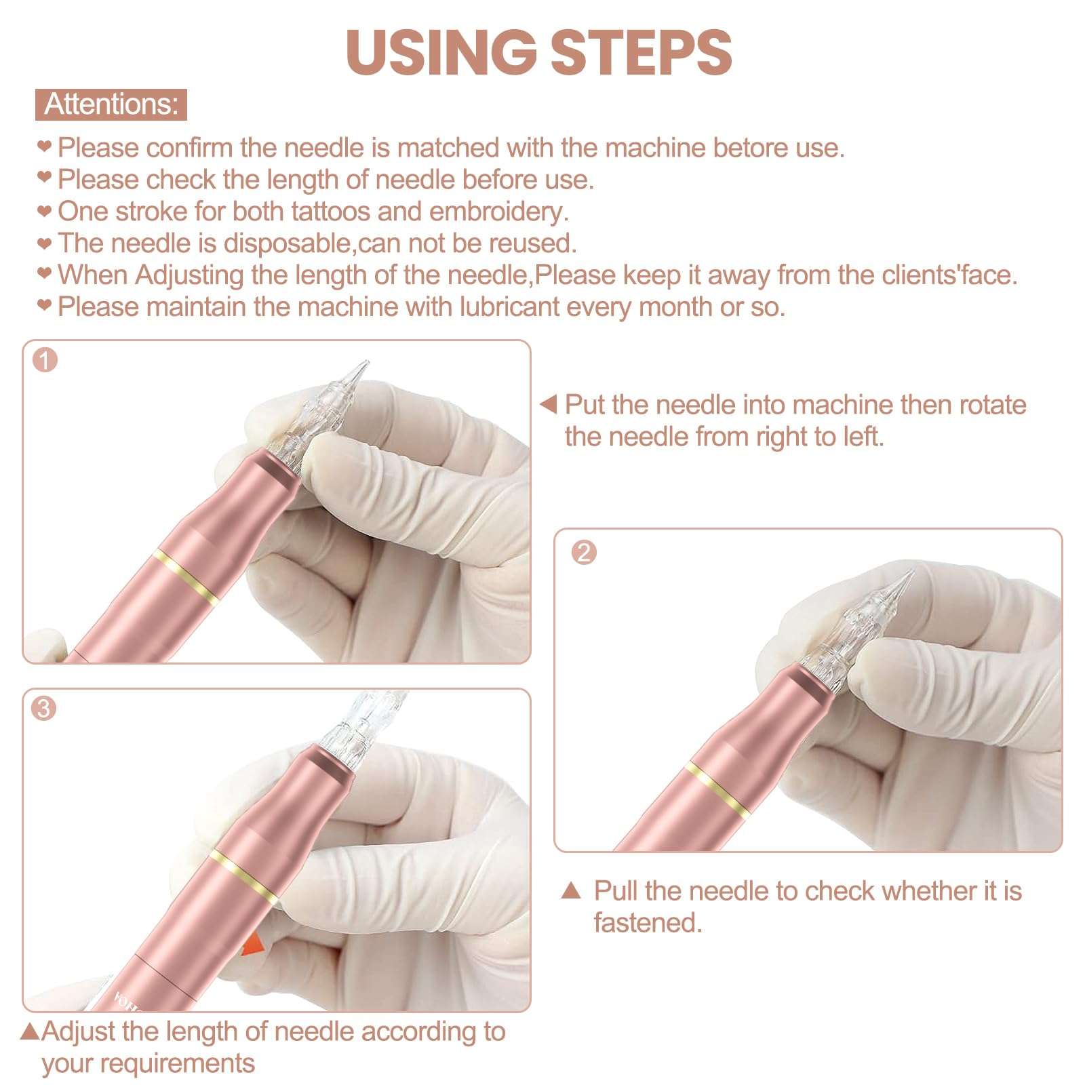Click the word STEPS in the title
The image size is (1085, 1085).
[641, 52]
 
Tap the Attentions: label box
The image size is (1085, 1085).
[111, 104]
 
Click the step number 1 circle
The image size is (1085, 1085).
[45, 360]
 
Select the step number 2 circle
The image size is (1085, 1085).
[584, 552]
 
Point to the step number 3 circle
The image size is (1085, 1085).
[44, 709]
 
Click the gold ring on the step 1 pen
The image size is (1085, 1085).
[186, 577]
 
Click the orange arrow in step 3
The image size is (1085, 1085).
[252, 945]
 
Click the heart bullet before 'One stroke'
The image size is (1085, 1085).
[44, 211]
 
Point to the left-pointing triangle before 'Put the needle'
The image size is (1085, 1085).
[548, 405]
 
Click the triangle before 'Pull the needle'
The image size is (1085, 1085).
[572, 890]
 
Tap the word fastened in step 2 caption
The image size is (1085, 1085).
[648, 922]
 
